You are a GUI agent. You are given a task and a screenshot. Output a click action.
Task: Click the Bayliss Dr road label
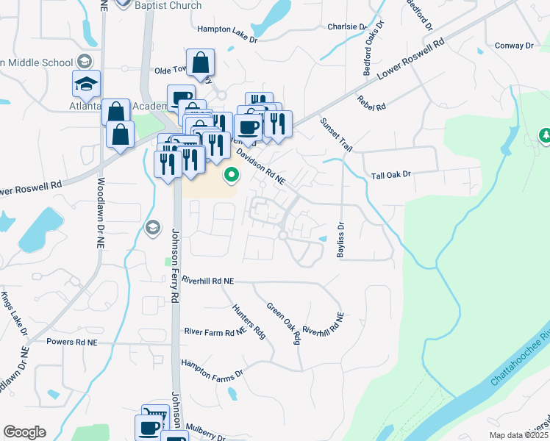click(340, 240)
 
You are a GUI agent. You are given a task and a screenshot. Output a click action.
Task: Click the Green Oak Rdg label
click(284, 323)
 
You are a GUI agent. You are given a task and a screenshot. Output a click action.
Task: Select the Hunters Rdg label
click(248, 321)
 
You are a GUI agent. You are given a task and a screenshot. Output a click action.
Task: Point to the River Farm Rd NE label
click(214, 332)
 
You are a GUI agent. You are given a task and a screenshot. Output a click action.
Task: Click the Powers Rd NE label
click(71, 343)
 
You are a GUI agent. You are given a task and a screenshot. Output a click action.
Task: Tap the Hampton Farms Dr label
click(212, 368)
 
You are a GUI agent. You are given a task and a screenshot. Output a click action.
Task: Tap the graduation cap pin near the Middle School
click(86, 83)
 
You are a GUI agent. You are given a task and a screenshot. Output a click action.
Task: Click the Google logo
click(24, 432)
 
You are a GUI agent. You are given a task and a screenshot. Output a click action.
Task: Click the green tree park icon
click(546, 135)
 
